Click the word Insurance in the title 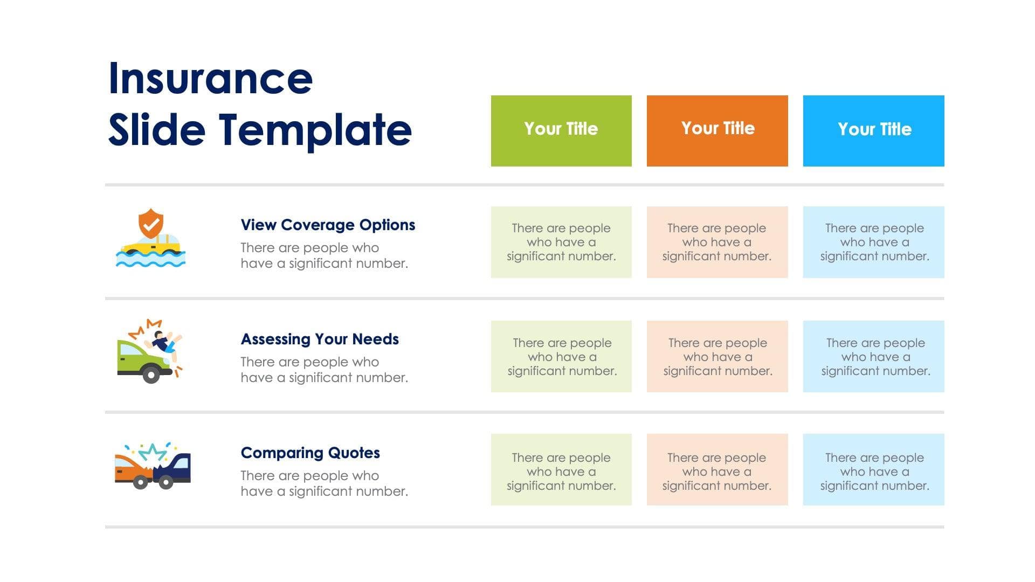click(210, 79)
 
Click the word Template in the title click(315, 130)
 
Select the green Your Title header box click(561, 131)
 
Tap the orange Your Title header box click(717, 131)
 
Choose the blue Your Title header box click(873, 131)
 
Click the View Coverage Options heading click(328, 225)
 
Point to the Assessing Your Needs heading click(320, 339)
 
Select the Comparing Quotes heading click(310, 453)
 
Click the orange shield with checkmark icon click(151, 223)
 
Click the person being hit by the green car click(164, 341)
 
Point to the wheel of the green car click(151, 373)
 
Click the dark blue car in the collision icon click(175, 468)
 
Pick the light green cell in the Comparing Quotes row click(561, 469)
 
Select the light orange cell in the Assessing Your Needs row click(717, 356)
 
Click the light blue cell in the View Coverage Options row click(873, 242)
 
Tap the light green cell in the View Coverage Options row click(561, 242)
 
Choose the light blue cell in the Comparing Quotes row click(873, 469)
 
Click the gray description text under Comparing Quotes click(324, 483)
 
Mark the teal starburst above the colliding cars click(153, 452)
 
